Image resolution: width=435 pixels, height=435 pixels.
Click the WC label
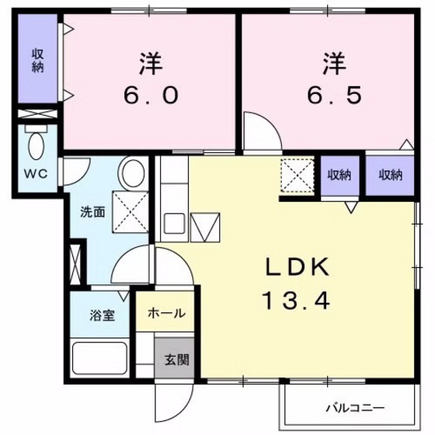37,173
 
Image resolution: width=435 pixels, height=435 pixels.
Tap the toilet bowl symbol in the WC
37,145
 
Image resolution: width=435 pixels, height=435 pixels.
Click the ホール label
166,313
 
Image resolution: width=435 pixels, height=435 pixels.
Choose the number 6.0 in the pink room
151,95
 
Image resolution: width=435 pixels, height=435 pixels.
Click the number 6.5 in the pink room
334,95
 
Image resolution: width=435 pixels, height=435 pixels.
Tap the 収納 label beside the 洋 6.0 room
37,61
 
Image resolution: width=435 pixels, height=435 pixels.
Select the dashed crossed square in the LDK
297,176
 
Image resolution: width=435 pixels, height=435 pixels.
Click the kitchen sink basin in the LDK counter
175,225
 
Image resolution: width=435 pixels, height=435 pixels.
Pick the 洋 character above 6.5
334,60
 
